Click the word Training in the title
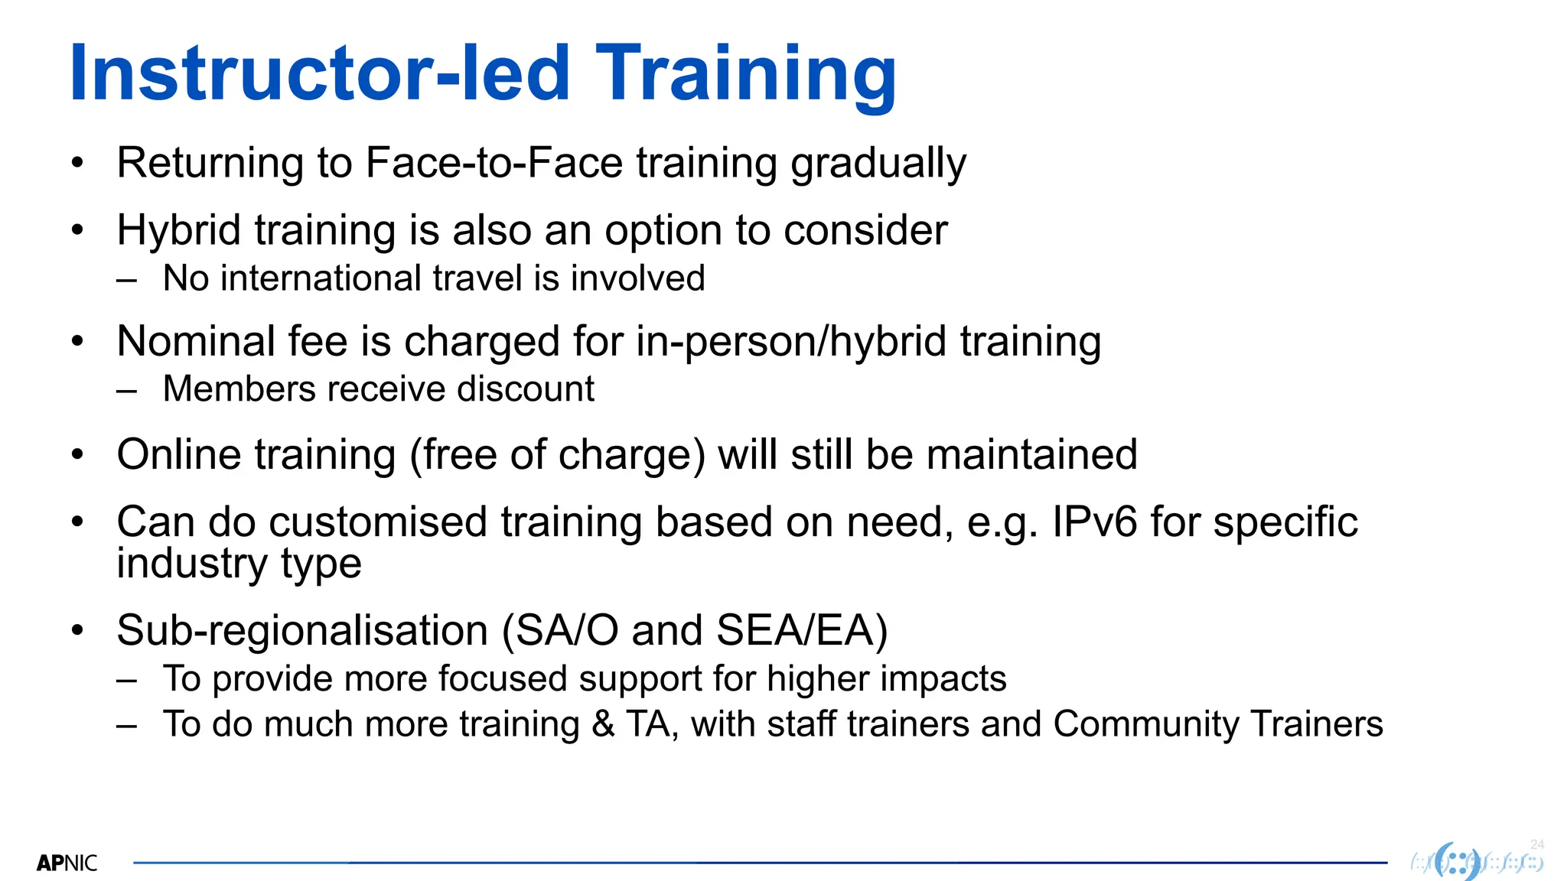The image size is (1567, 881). [x=745, y=73]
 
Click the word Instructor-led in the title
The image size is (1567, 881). [x=320, y=73]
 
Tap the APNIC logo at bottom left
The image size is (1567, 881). [x=67, y=863]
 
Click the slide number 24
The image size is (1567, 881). [x=1537, y=844]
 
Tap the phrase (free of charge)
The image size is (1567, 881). [x=557, y=455]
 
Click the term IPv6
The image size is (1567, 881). [x=1094, y=522]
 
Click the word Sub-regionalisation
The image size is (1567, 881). [x=302, y=631]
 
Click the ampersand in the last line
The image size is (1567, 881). [x=603, y=724]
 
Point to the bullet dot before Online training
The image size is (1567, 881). [x=77, y=455]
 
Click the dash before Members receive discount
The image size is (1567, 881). [x=127, y=390]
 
